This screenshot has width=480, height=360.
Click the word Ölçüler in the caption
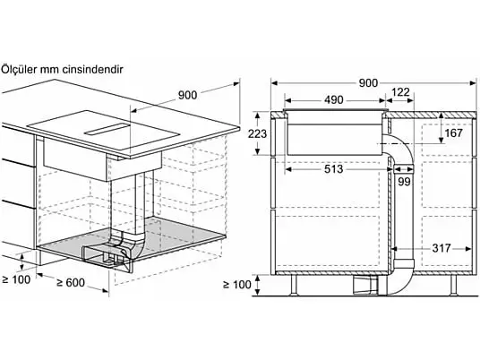click(x=19, y=70)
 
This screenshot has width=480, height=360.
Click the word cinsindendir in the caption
click(x=92, y=70)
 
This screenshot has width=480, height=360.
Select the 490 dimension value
click(x=334, y=99)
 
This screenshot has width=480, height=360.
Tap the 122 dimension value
click(x=400, y=92)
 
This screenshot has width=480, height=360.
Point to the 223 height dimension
click(x=257, y=133)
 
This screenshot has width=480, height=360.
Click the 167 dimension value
click(x=453, y=133)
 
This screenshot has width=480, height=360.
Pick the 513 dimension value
click(x=333, y=168)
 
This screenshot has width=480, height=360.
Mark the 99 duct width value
click(x=404, y=182)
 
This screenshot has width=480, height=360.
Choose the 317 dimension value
click(x=441, y=248)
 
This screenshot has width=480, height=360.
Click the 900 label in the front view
click(x=368, y=83)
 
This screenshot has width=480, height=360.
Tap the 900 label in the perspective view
click(x=188, y=95)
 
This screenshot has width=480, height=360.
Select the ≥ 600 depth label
click(x=71, y=283)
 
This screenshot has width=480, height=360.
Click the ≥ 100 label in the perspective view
click(x=16, y=279)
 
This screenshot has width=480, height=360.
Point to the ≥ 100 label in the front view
click(x=237, y=285)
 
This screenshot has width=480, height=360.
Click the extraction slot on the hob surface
click(x=107, y=129)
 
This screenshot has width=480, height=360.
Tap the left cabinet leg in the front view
click(x=294, y=285)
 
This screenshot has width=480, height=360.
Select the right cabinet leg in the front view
click(x=453, y=285)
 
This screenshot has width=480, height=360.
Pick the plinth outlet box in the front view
click(x=366, y=285)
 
